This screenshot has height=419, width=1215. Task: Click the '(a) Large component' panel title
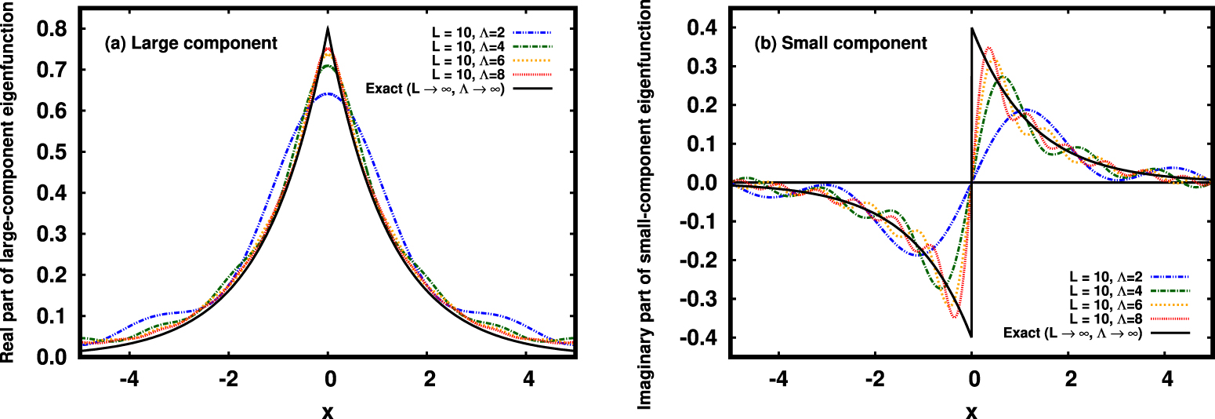click(x=191, y=44)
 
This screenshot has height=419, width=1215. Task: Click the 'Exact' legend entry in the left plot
click(x=433, y=88)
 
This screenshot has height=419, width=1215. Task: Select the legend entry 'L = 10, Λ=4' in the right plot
click(x=1105, y=291)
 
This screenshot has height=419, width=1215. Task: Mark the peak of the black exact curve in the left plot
click(x=328, y=29)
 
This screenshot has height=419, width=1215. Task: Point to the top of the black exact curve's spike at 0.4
click(x=972, y=29)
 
